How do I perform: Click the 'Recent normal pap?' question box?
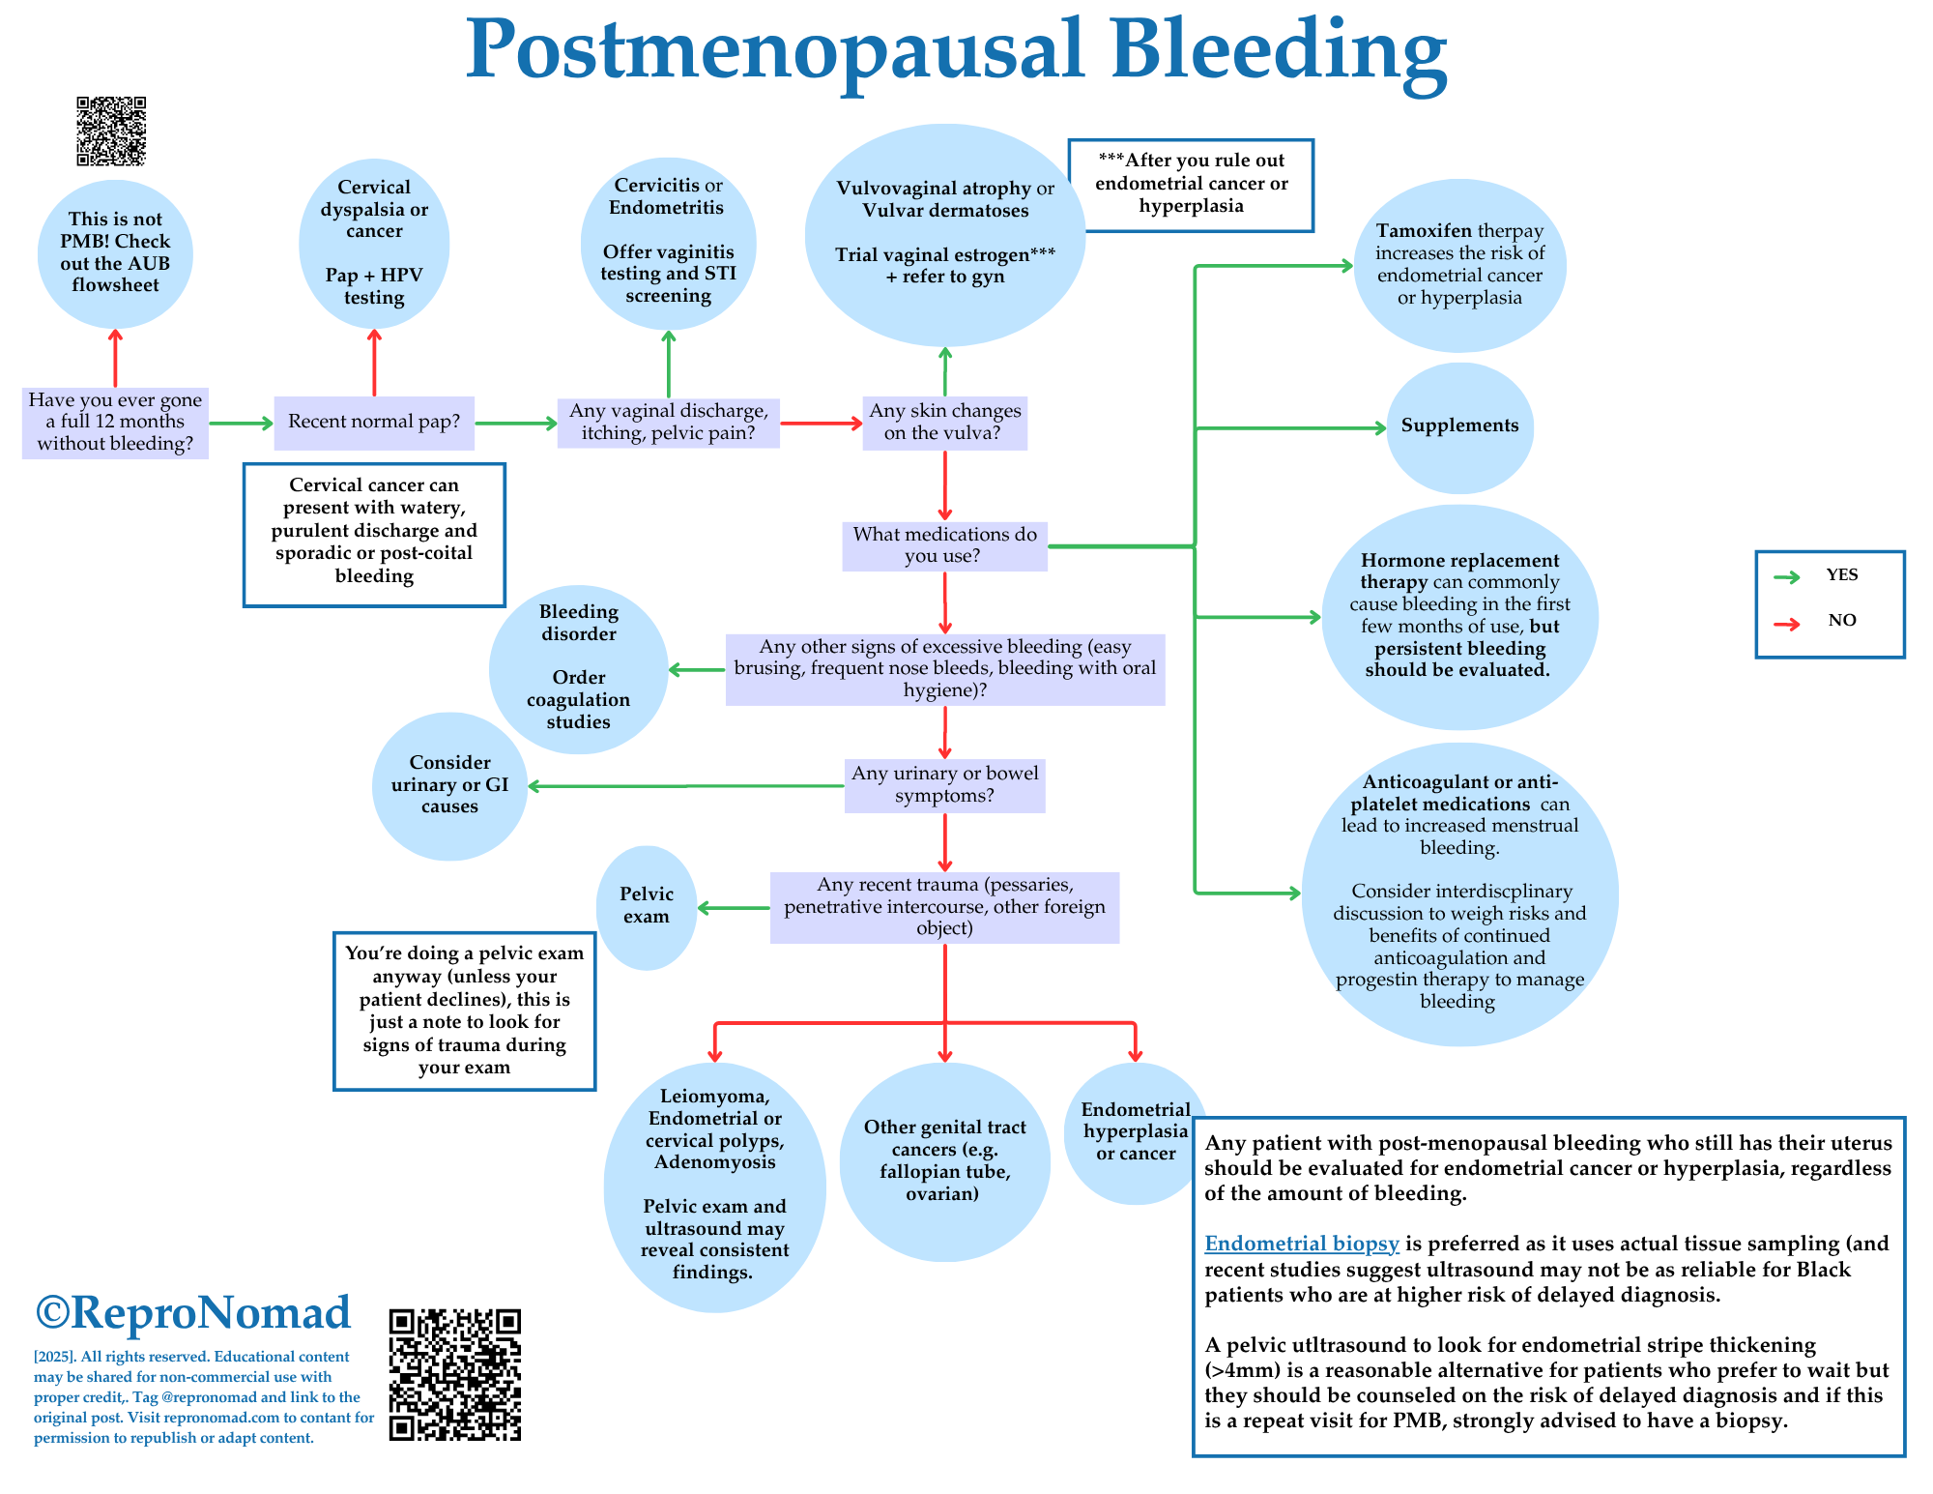pyautogui.click(x=374, y=423)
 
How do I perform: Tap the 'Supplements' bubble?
pyautogui.click(x=1459, y=425)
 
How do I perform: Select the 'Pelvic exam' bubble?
pyautogui.click(x=647, y=906)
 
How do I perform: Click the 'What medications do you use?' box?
pyautogui.click(x=944, y=545)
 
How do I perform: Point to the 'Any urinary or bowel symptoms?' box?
pyautogui.click(x=944, y=785)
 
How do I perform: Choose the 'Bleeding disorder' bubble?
pyautogui.click(x=578, y=667)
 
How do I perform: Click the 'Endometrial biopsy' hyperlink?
pyautogui.click(x=1301, y=1244)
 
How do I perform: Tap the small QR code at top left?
pyautogui.click(x=111, y=131)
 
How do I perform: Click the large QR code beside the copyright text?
pyautogui.click(x=454, y=1374)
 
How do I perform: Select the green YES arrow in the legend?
pyautogui.click(x=1787, y=577)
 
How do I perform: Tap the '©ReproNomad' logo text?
pyautogui.click(x=193, y=1312)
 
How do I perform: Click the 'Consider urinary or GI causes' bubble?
pyautogui.click(x=449, y=785)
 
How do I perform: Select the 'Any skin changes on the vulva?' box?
pyautogui.click(x=944, y=423)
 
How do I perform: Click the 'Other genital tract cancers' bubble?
pyautogui.click(x=944, y=1160)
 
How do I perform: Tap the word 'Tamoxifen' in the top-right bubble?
pyautogui.click(x=1424, y=231)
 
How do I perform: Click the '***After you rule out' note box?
pyautogui.click(x=1191, y=185)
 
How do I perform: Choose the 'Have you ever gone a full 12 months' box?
pyautogui.click(x=115, y=423)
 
